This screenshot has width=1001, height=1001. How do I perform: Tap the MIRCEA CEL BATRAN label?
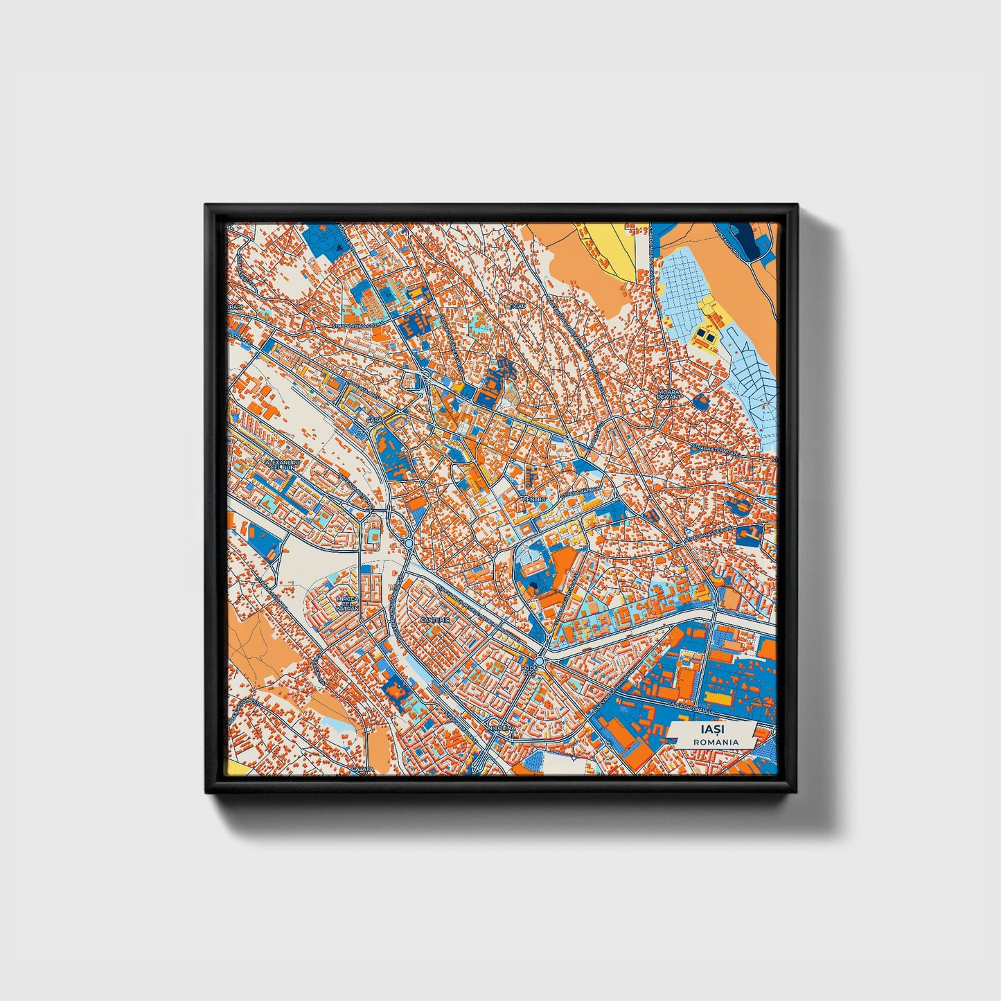pyautogui.click(x=346, y=603)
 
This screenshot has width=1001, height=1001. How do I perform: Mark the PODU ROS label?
pyautogui.click(x=529, y=670)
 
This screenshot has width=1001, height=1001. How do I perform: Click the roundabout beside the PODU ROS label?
pyautogui.click(x=544, y=664)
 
